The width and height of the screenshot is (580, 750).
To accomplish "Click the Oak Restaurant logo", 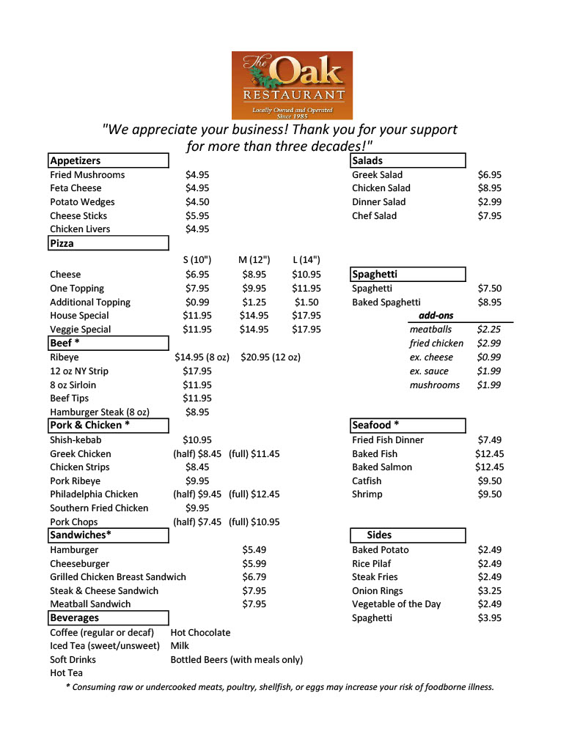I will (x=292, y=85).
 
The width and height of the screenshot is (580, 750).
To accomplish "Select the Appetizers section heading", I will (x=76, y=160).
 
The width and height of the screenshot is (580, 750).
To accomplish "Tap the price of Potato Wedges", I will (x=197, y=202).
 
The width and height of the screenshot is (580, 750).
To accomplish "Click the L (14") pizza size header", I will (x=306, y=260).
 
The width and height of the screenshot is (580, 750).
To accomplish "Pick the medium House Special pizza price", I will (x=254, y=316).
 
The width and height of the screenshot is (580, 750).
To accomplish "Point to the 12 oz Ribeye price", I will (x=270, y=357).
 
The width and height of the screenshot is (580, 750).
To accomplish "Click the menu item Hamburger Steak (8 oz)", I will (x=100, y=412).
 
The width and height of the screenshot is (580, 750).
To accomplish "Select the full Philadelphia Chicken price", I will (x=254, y=494).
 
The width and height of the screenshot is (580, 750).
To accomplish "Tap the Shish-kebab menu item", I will (x=76, y=440).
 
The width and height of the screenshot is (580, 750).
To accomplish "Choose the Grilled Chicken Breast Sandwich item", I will (x=117, y=577).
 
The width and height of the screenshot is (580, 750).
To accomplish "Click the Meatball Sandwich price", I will (x=254, y=604).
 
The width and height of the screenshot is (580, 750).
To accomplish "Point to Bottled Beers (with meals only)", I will (x=236, y=659).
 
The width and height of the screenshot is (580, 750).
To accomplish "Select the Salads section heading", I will (x=367, y=160).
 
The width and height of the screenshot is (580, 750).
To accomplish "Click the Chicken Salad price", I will (x=489, y=188).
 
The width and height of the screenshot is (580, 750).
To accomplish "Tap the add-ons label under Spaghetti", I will (x=436, y=316).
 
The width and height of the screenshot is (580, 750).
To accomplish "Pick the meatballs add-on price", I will (x=489, y=330).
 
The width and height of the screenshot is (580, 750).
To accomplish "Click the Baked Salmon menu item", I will (x=382, y=467).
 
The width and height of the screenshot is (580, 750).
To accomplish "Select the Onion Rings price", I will (x=489, y=590).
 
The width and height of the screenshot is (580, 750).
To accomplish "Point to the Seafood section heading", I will (x=375, y=426).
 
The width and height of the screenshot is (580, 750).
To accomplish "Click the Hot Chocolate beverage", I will (x=200, y=632).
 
